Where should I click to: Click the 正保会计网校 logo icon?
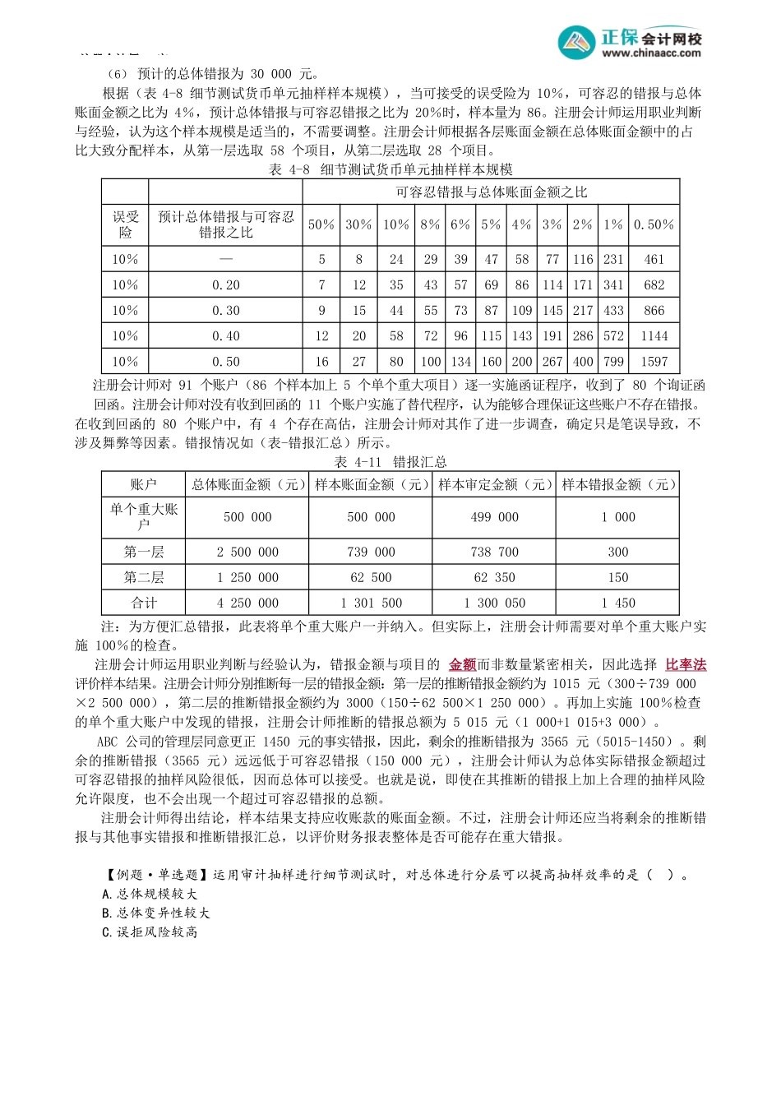pyautogui.click(x=576, y=42)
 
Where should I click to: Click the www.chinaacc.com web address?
pyautogui.click(x=651, y=53)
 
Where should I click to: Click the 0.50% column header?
pyautogui.click(x=654, y=224)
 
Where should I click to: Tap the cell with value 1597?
pyautogui.click(x=654, y=362)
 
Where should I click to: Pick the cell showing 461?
pyautogui.click(x=654, y=259)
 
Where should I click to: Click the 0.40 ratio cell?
pyautogui.click(x=226, y=336)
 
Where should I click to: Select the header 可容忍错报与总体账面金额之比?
pyautogui.click(x=491, y=192)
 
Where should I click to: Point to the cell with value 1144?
pyautogui.click(x=654, y=336)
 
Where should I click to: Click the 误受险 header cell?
pyautogui.click(x=126, y=224)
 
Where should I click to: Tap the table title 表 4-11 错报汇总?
pyautogui.click(x=390, y=462)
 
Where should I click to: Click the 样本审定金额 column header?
pyautogui.click(x=494, y=485)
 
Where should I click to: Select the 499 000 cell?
pyautogui.click(x=494, y=517)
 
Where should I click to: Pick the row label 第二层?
pyautogui.click(x=144, y=577)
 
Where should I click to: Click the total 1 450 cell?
pyautogui.click(x=617, y=603)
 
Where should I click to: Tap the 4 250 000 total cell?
pyautogui.click(x=247, y=603)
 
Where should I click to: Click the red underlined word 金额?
pyautogui.click(x=462, y=665)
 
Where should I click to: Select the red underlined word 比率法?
pyautogui.click(x=686, y=665)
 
